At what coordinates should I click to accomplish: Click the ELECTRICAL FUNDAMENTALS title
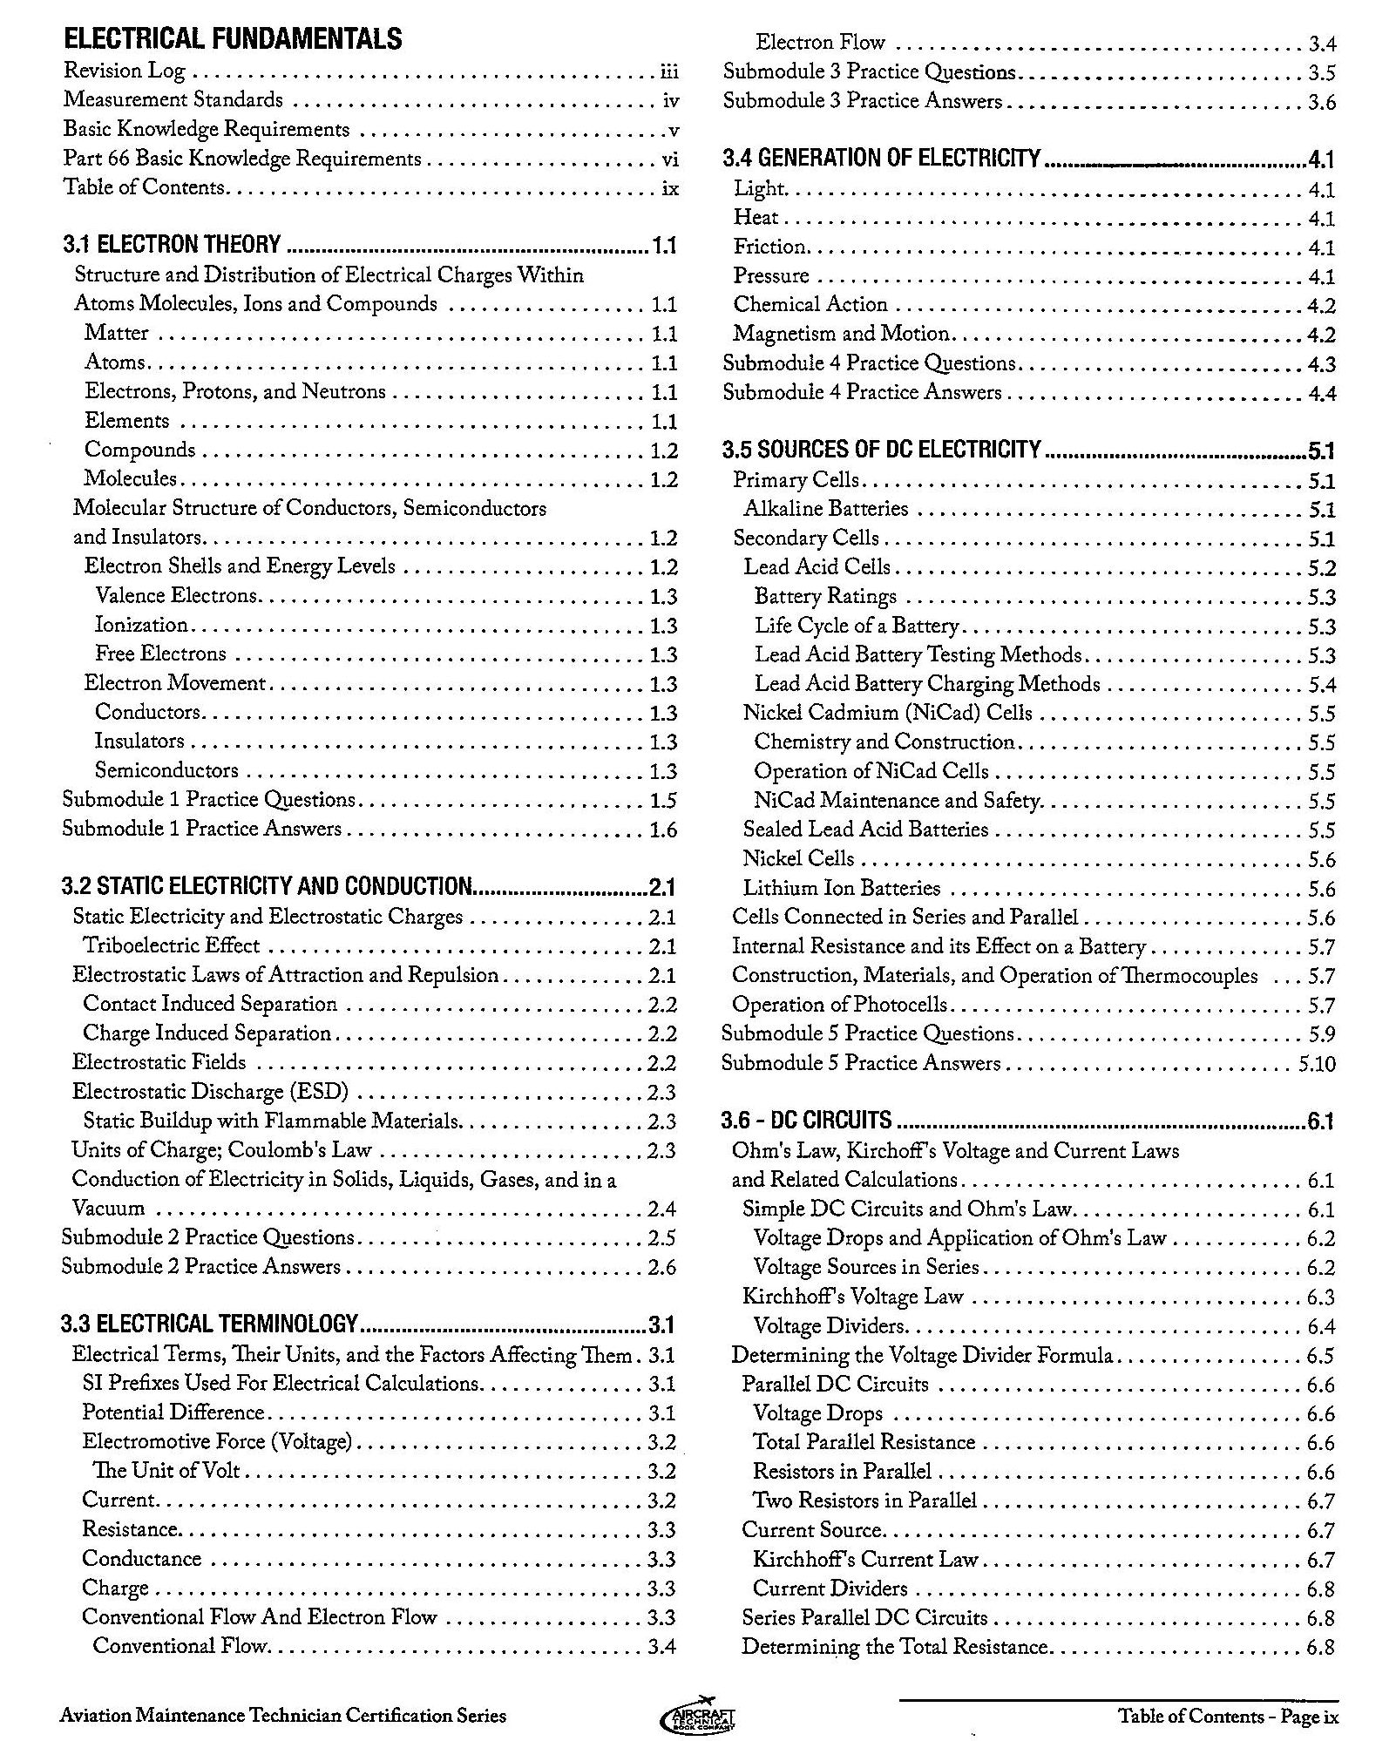tap(233, 39)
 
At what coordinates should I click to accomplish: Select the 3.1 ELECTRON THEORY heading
tap(172, 245)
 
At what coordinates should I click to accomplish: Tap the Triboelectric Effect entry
tap(172, 945)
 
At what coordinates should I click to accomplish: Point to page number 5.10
tap(1317, 1064)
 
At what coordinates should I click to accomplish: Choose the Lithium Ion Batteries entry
tap(842, 888)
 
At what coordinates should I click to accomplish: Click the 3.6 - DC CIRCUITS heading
tap(807, 1121)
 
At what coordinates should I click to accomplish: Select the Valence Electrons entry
tap(177, 596)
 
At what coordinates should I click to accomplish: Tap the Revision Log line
tap(125, 71)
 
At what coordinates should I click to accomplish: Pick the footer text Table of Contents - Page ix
tap(1229, 1717)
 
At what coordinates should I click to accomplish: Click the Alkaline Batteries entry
tap(826, 509)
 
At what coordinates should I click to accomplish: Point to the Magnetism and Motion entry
tap(841, 334)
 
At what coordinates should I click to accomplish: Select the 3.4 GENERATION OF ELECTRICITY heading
tap(882, 159)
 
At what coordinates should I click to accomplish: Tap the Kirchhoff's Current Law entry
tap(865, 1560)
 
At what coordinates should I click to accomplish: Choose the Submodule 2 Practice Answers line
tap(200, 1267)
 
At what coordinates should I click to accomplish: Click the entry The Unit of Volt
tap(166, 1471)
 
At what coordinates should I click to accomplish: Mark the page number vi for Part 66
tap(669, 159)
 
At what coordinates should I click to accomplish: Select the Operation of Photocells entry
tap(839, 1005)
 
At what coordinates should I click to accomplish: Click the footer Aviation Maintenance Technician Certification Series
tap(283, 1717)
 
